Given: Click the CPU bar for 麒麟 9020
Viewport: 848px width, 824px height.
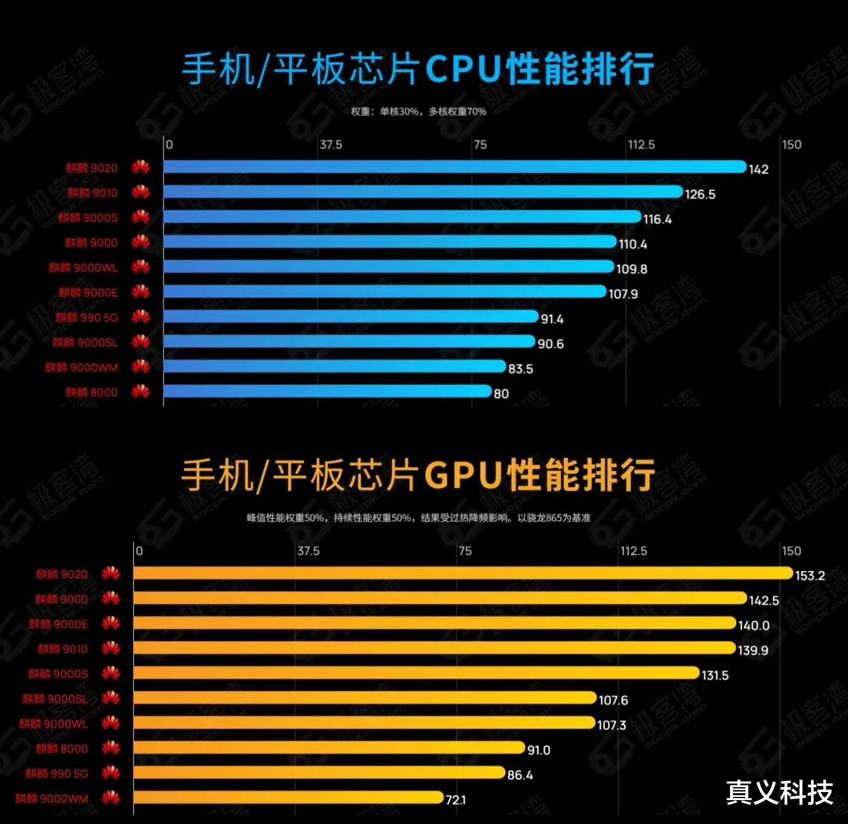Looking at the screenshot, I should (x=455, y=167).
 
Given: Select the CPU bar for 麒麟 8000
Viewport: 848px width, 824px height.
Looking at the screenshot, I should (x=327, y=391).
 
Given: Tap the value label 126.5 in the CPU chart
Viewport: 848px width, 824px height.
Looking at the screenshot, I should (x=700, y=194).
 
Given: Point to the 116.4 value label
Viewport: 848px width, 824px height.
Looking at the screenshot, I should (x=657, y=219).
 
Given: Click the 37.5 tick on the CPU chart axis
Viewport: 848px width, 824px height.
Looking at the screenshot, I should (x=331, y=145).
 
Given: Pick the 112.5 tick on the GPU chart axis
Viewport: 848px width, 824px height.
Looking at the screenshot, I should (x=633, y=551).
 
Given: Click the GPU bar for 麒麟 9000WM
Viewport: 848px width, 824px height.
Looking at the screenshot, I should (x=288, y=798).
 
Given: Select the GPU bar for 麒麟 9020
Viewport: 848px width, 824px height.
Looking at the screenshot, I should (x=462, y=573).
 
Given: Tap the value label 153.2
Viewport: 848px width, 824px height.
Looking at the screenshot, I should (x=810, y=576).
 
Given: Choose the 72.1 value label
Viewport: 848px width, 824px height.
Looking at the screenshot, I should (x=456, y=799).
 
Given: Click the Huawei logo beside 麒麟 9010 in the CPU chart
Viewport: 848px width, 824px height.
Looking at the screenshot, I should (x=141, y=192).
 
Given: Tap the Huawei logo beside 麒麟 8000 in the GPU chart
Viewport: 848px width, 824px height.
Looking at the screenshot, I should (x=111, y=748).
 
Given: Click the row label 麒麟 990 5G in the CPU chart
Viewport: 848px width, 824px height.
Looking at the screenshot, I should (x=87, y=318).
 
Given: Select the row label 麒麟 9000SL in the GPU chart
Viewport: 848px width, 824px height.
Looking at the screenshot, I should (x=55, y=699).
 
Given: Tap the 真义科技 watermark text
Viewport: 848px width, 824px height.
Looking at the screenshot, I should (x=779, y=792).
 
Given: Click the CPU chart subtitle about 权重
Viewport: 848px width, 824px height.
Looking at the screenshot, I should (x=418, y=111).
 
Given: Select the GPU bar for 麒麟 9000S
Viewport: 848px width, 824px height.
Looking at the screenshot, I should (x=416, y=673).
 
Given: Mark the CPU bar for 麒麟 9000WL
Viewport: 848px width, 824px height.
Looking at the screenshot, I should (x=389, y=267).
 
